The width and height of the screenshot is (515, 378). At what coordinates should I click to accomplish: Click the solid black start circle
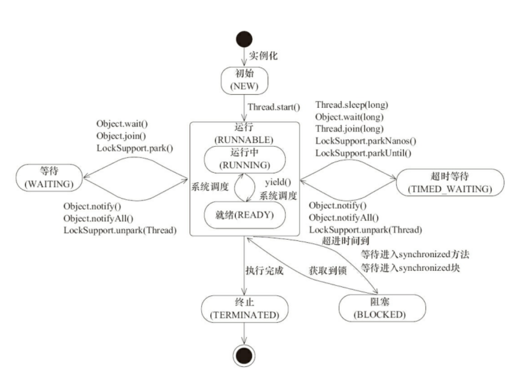pos(244,39)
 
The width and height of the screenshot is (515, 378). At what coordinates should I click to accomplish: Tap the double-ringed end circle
pos(244,356)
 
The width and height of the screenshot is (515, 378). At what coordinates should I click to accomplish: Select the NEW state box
pos(244,81)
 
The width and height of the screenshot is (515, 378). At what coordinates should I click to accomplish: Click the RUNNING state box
pos(245,160)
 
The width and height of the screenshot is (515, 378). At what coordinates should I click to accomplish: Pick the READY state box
pos(245,215)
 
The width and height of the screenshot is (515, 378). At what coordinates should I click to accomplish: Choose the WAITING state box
pos(49,177)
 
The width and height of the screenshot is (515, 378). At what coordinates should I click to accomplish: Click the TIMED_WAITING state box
pos(450,182)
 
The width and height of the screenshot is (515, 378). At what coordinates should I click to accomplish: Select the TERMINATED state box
pos(245,309)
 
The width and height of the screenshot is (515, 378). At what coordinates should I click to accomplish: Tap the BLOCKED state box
pos(382,308)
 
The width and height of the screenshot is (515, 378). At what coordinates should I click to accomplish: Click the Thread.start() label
pos(274,107)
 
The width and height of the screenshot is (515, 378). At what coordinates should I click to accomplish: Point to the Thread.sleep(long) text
pos(352,105)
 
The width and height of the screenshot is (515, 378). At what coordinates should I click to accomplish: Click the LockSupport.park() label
pos(135,148)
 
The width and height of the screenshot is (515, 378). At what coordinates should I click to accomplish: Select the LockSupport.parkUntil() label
pos(363,153)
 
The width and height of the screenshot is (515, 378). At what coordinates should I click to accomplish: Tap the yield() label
pos(278,182)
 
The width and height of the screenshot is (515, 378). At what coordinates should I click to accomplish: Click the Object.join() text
pos(121,136)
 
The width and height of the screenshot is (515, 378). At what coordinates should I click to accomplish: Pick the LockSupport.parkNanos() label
pos(366,141)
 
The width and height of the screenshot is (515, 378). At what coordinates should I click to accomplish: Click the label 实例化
pos(263,55)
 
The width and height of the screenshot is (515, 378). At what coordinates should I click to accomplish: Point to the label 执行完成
pos(265,270)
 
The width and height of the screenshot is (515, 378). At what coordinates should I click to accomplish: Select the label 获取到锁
pos(328,270)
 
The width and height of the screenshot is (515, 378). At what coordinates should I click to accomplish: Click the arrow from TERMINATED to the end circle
pos(244,334)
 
